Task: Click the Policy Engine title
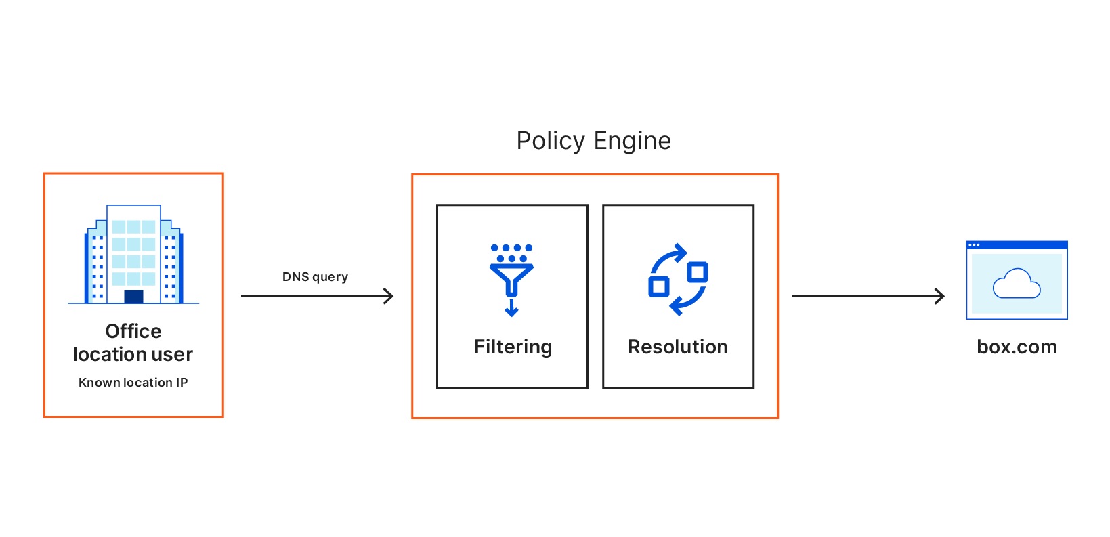tap(593, 141)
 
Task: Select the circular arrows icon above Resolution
tap(678, 279)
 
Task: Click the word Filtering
tap(513, 347)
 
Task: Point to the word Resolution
tap(677, 347)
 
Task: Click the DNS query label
tap(315, 276)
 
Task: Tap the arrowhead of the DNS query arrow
tap(389, 296)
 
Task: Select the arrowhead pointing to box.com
tap(939, 296)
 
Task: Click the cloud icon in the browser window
tap(1016, 284)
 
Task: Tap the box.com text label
tap(1017, 347)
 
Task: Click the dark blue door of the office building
tap(133, 296)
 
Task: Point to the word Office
tap(133, 331)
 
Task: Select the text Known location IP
tap(133, 382)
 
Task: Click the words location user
tap(133, 354)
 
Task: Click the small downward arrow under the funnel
tap(511, 309)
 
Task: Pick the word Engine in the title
tap(632, 141)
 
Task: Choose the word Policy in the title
tap(551, 141)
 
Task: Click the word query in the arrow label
tap(330, 277)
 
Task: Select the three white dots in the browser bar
tap(974, 244)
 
